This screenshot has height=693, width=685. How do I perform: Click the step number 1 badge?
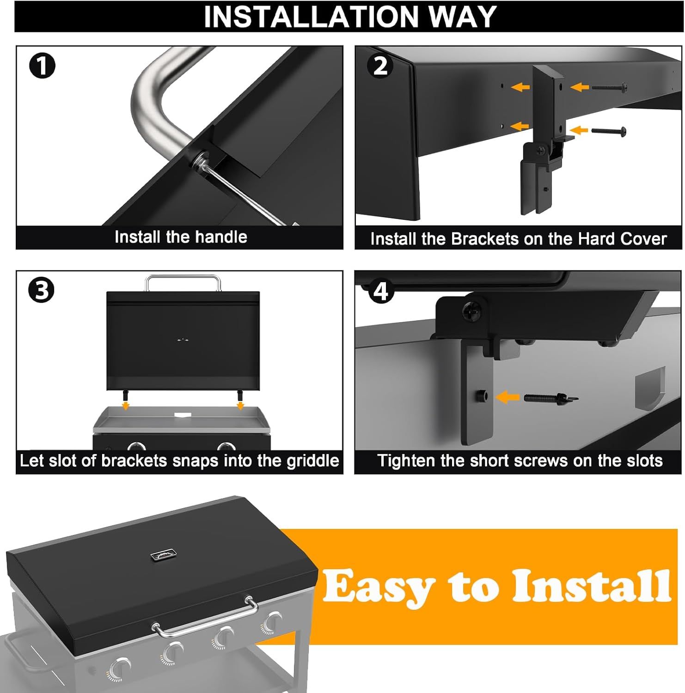pos(42,66)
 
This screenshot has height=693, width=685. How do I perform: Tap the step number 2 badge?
pos(380,66)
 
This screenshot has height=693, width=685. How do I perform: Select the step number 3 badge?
pos(42,291)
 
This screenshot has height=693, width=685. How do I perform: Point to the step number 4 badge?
pos(380,291)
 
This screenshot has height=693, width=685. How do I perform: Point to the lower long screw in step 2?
pos(609,131)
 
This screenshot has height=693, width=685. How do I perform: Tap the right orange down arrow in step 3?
pos(240,406)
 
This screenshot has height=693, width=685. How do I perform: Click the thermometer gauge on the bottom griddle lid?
pos(164,554)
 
